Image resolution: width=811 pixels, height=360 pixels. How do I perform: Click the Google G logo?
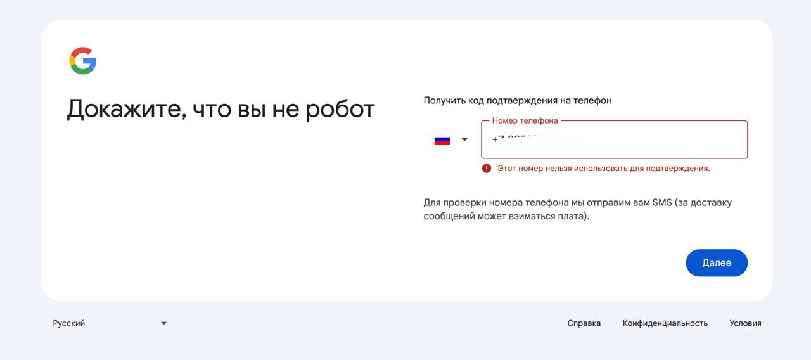click(83, 61)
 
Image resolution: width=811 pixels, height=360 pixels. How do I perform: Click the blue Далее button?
click(717, 263)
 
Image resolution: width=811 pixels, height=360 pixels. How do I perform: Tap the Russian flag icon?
click(442, 140)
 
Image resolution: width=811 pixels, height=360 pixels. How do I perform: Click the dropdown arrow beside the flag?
click(464, 139)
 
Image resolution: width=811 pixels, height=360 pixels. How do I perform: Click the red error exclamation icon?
click(487, 169)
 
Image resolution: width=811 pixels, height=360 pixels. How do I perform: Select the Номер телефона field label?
click(525, 120)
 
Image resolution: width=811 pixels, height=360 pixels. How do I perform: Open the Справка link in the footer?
click(584, 323)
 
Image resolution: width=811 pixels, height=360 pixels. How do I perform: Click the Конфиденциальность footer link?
click(665, 323)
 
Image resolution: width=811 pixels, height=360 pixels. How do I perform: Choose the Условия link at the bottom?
click(745, 323)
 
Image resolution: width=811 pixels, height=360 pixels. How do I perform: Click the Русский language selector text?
click(69, 323)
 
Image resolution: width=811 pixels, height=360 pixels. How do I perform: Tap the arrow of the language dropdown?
click(163, 323)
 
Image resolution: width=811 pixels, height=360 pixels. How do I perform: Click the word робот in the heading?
click(340, 109)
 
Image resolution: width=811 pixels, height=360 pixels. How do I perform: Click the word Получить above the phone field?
click(444, 100)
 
